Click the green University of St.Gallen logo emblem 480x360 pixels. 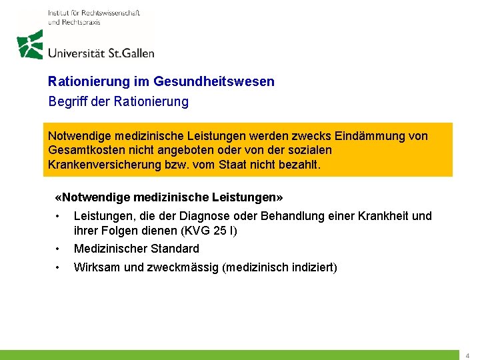tap(30, 45)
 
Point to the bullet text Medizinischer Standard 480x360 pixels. tap(136, 249)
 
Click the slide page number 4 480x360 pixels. tap(467, 356)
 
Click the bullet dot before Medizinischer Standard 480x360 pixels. tap(59, 249)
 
